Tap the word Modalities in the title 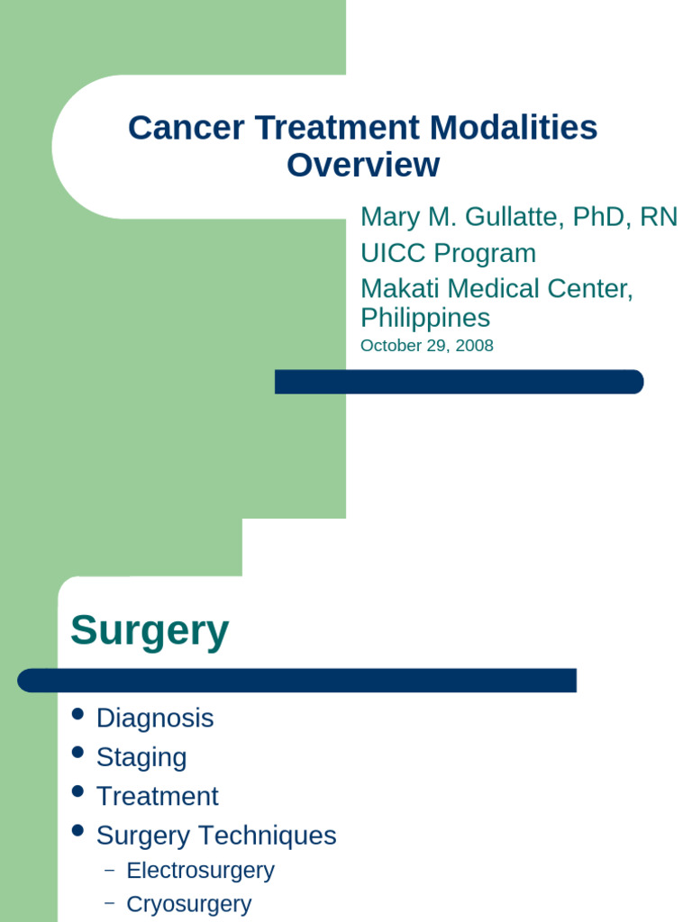pos(513,128)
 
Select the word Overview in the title pos(363,166)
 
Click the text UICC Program pos(448,253)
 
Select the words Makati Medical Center pos(496,289)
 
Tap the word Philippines pos(425,318)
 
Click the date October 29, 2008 pos(426,346)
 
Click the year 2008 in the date pos(474,346)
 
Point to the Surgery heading pos(150,630)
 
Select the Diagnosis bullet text pos(155,719)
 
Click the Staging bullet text pos(141,757)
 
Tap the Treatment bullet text pos(157,797)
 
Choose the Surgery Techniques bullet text pos(216,836)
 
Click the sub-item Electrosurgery pos(200,871)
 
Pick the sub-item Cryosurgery pos(189,904)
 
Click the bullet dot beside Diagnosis pos(78,714)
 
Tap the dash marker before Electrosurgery pos(110,871)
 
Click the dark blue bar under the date pos(459,382)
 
